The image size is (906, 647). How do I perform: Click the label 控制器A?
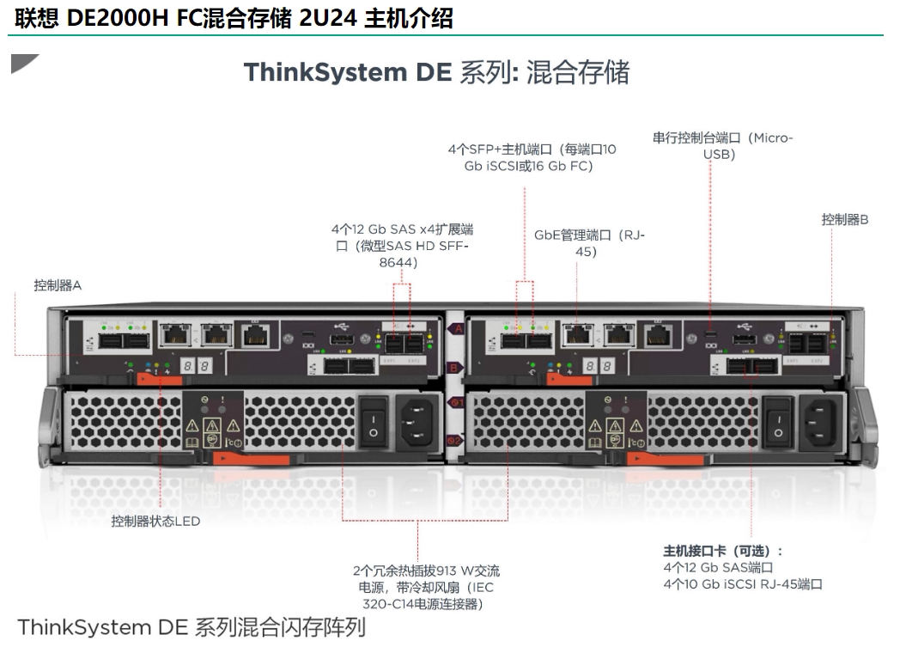pyautogui.click(x=58, y=285)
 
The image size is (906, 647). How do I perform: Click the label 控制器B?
pyautogui.click(x=844, y=220)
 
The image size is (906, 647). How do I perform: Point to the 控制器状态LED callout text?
pyautogui.click(x=155, y=521)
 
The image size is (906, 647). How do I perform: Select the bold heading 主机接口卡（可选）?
pyautogui.click(x=722, y=551)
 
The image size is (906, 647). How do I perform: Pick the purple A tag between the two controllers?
pyautogui.click(x=456, y=328)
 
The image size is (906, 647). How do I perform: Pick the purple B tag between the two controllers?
pyautogui.click(x=456, y=367)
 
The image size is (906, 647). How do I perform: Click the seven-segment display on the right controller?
pyautogui.click(x=599, y=366)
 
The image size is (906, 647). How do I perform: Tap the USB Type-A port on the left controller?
pyautogui.click(x=337, y=339)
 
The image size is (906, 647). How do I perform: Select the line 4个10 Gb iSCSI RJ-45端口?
pyautogui.click(x=742, y=584)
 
